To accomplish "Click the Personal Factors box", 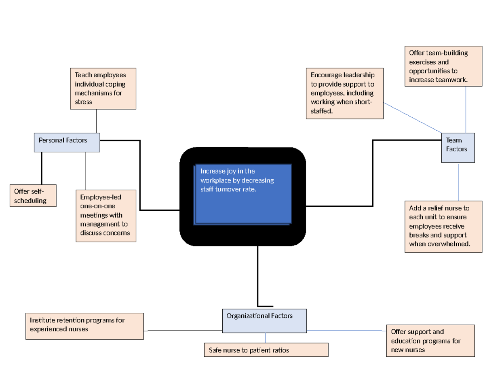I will pos(67,142).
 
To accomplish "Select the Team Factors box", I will pos(458,148).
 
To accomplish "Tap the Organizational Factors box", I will pos(264,321).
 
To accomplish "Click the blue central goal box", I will pos(242,194).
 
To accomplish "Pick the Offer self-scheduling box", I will pos(33,196).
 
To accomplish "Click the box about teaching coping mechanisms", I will pos(103,89).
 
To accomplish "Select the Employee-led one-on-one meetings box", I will pos(105,216).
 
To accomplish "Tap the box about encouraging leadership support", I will pos(344,93).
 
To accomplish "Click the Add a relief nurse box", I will pos(443,227).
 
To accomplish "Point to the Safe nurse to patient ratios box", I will pos(266,350).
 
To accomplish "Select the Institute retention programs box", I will pos(84,326).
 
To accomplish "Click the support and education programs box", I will pos(430,341).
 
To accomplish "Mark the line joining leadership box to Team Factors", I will pos(412,117).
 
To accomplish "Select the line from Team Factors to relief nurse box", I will pos(459,182).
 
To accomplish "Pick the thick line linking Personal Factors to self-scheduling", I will pos(42,168).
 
